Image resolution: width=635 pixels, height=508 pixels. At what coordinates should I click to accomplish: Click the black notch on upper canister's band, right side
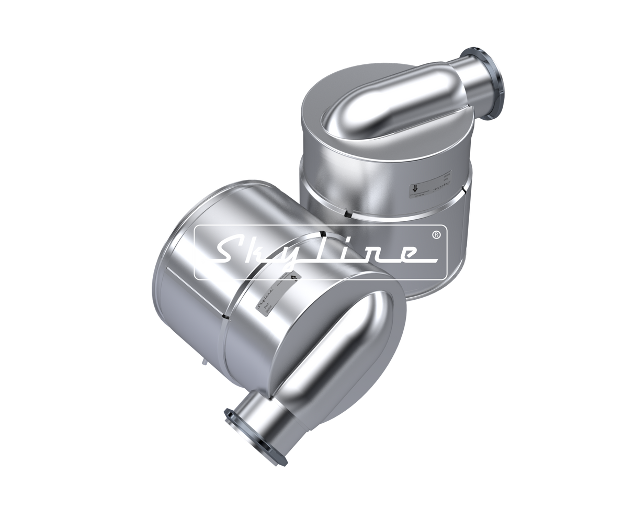click(x=462, y=191)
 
